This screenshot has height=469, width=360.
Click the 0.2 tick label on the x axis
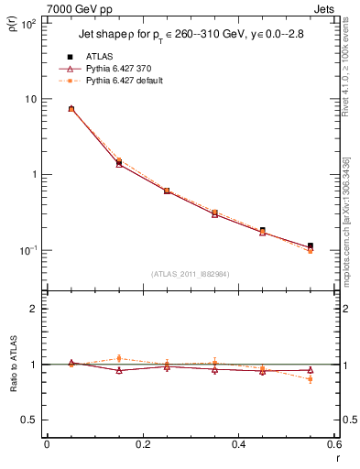coord(142,444)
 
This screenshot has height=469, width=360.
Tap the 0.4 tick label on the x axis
coord(238,444)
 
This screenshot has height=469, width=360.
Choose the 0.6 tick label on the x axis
coord(334,444)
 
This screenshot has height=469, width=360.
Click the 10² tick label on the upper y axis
coord(27,24)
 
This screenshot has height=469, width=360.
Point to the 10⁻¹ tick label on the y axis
coord(27,250)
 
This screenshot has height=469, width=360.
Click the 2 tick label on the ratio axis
coord(33,310)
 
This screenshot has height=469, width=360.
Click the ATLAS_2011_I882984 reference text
coord(189,274)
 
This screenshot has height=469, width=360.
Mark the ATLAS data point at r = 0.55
coord(311,246)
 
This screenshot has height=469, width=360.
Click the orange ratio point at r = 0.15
coord(119,358)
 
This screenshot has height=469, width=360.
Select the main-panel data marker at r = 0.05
coord(71,108)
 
